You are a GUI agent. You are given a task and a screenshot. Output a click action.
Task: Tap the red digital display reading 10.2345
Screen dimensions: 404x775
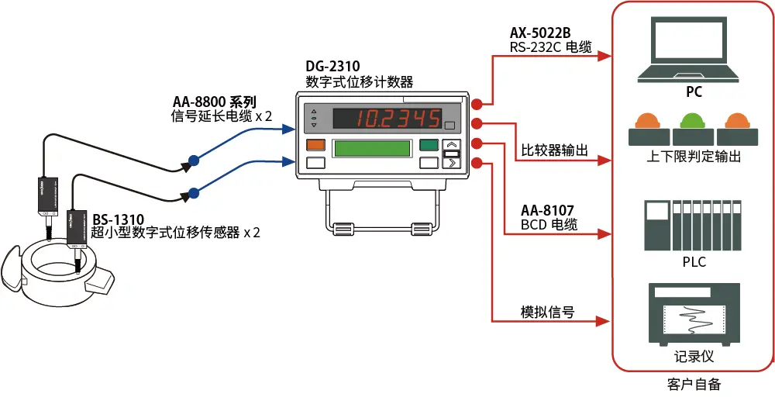click(x=384, y=119)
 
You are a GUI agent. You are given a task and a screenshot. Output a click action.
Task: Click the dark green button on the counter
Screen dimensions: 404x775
click(x=428, y=145)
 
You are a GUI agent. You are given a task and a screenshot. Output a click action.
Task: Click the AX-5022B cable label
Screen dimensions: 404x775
click(x=540, y=33)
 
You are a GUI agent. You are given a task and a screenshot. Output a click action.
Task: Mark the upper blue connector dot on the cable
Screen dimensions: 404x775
click(x=194, y=161)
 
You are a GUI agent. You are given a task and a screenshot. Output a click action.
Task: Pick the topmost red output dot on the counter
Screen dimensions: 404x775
click(x=478, y=103)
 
